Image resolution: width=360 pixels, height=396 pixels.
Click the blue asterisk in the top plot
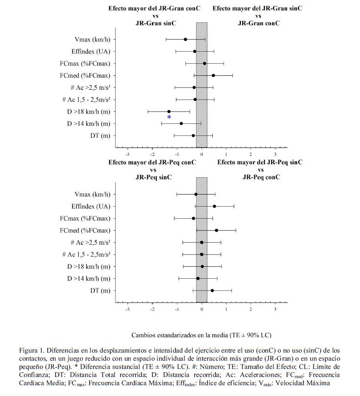pos(169,117)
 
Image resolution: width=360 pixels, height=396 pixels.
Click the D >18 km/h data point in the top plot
pos(169,112)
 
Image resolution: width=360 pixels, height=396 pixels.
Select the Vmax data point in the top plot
pos(185,40)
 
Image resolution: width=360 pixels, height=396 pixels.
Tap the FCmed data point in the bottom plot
pos(217,230)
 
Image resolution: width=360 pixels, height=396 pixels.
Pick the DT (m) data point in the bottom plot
pos(212,291)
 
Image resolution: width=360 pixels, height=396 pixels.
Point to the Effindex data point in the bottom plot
pos(214,206)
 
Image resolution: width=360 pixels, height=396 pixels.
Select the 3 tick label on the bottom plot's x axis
pos(275,309)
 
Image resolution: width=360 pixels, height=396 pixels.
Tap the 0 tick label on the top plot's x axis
pos(202,154)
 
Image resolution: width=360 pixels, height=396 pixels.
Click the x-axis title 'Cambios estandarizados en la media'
pos(202,335)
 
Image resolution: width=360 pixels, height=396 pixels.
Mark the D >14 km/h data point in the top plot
pos(181,124)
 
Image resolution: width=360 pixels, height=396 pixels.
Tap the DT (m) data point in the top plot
pos(193,136)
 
